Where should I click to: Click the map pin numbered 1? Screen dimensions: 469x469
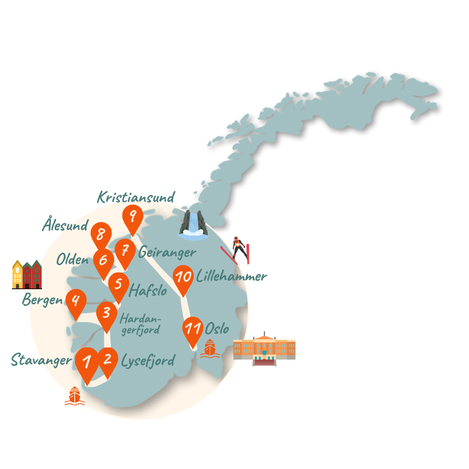click(x=87, y=361)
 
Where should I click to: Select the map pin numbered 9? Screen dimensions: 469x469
click(x=133, y=216)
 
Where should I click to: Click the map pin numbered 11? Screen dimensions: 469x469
click(x=193, y=329)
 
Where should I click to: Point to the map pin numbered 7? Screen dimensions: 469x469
click(x=125, y=251)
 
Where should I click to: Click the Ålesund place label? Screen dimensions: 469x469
click(x=65, y=226)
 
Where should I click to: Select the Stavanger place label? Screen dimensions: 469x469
click(x=41, y=360)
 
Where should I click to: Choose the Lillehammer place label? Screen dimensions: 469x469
click(x=232, y=276)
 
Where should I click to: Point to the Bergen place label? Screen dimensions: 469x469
click(x=42, y=300)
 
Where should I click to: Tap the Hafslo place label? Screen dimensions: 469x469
click(x=148, y=290)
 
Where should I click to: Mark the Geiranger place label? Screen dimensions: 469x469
click(x=167, y=253)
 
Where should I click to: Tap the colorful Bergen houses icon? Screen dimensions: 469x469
click(x=27, y=274)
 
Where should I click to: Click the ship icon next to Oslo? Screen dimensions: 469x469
click(x=209, y=349)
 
